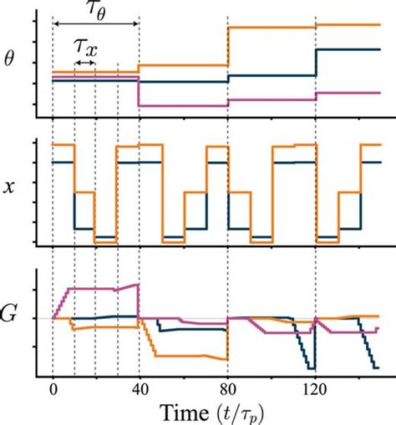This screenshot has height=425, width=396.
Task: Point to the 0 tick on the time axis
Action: coord(53,388)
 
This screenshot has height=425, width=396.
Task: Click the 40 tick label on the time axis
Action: coord(139,388)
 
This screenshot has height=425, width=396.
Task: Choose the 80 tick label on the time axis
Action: coord(227,388)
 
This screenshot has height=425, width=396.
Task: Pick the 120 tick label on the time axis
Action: coord(316,388)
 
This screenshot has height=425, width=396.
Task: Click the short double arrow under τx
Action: coord(84,63)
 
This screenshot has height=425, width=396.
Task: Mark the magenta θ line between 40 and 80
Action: coord(183,105)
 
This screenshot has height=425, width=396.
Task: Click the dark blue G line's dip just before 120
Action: coord(312,368)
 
